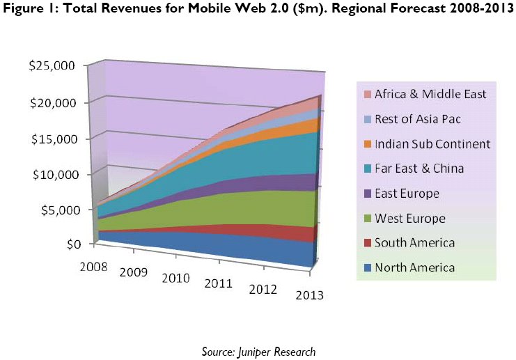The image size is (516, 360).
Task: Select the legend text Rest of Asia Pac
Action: tap(417, 119)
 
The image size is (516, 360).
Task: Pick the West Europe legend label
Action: tap(409, 218)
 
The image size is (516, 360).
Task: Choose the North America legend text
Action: tap(414, 267)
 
